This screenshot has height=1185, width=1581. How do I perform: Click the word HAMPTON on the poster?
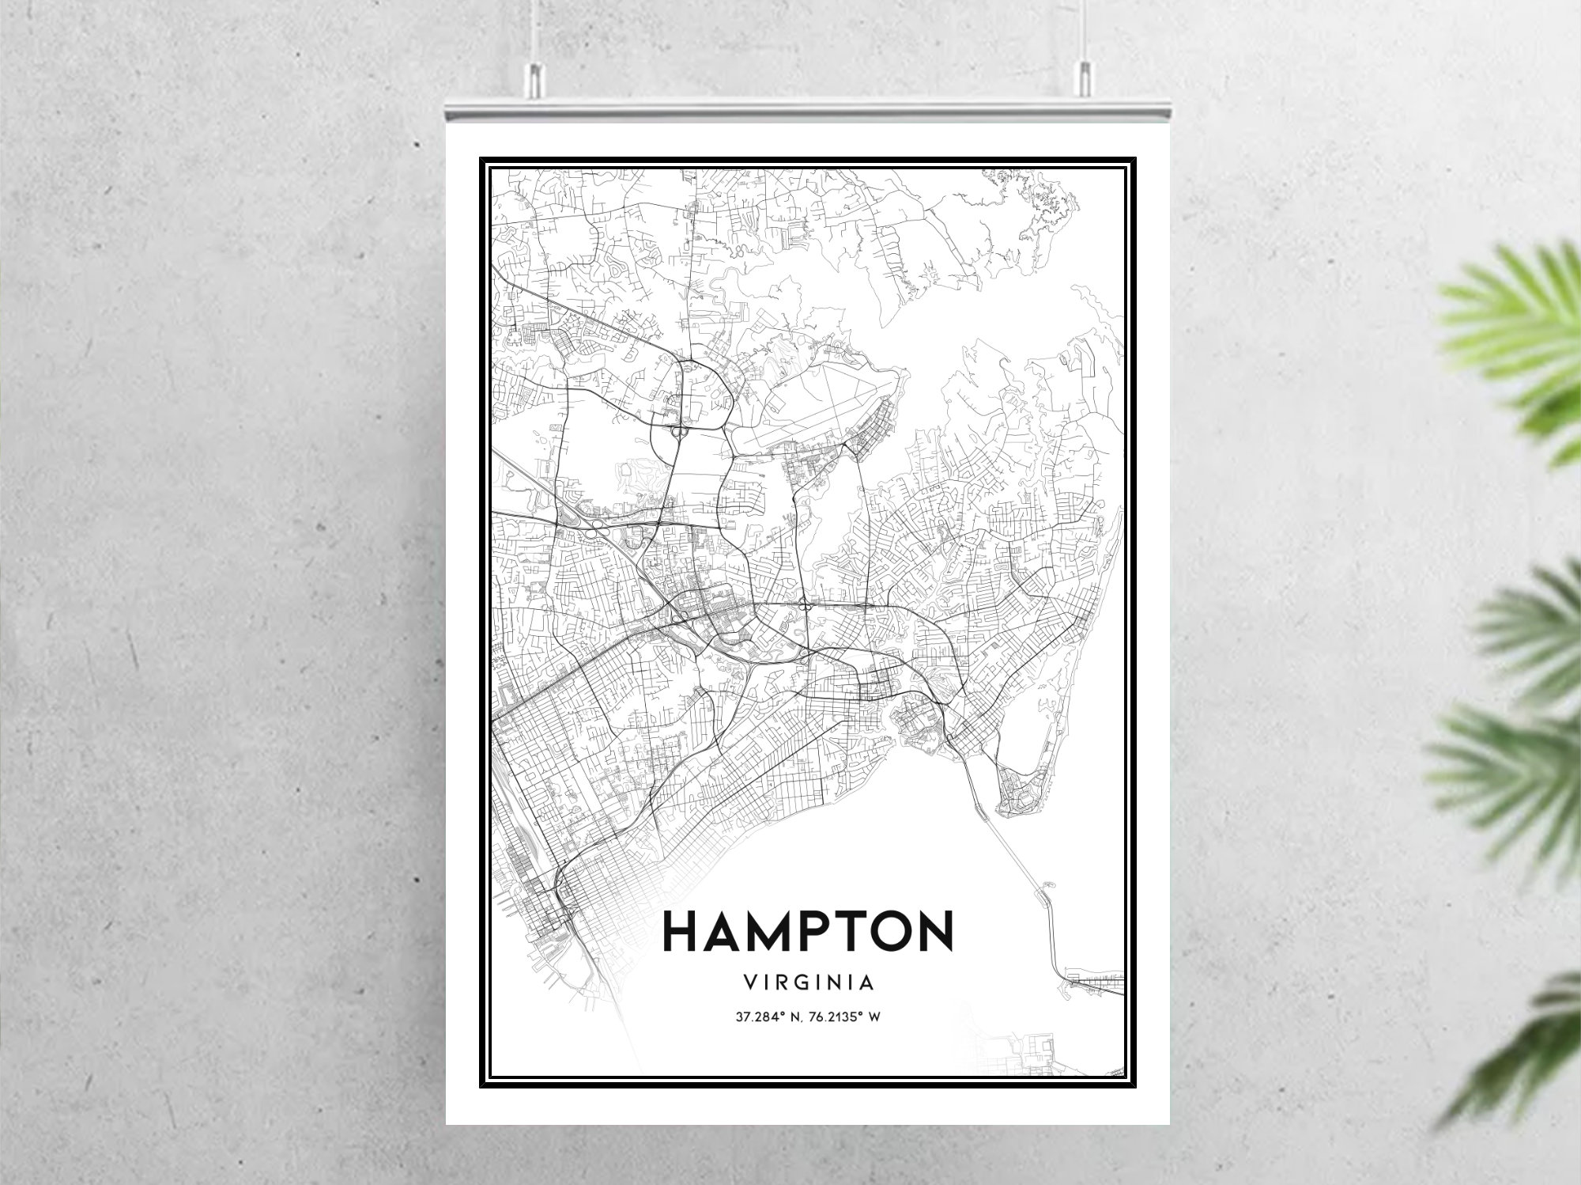807,931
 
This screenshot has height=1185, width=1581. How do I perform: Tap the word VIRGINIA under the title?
809,982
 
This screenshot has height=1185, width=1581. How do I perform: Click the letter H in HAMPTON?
681,931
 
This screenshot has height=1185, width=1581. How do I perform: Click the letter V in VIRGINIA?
749,982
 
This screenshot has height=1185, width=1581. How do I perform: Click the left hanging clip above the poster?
536,80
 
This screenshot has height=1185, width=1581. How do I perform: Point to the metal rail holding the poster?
806,110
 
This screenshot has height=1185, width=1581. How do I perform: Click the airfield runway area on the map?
814,403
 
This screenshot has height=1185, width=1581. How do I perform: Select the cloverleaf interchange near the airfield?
678,432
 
